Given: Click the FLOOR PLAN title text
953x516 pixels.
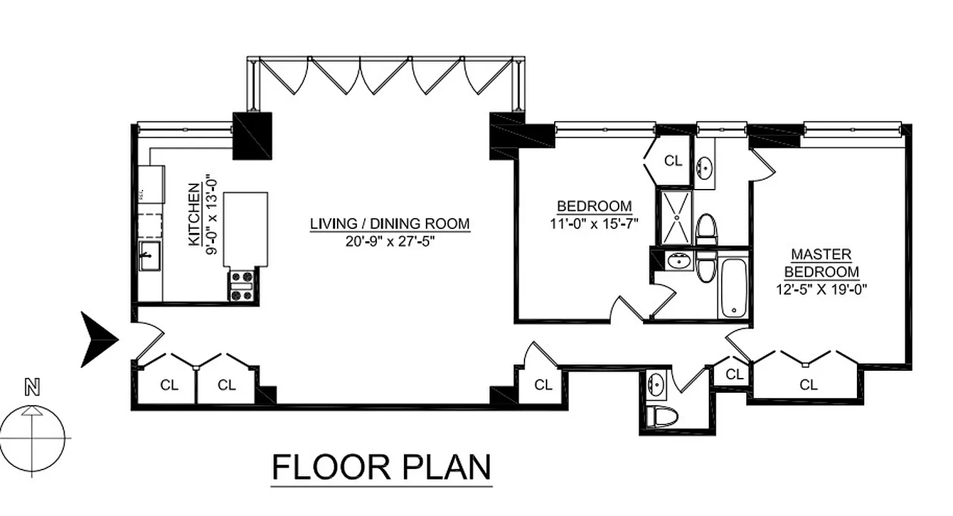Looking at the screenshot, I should click(x=381, y=468).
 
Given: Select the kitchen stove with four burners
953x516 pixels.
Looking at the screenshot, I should click(x=242, y=285).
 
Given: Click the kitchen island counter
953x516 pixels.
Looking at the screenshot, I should click(x=245, y=229).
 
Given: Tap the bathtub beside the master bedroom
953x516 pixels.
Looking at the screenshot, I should click(x=733, y=288).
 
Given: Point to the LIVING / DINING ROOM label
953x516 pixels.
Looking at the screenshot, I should click(x=390, y=224).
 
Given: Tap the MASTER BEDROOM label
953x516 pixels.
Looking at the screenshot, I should click(x=821, y=263).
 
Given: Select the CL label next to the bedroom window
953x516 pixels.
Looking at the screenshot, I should click(x=673, y=161).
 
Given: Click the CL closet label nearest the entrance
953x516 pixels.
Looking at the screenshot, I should click(x=169, y=385).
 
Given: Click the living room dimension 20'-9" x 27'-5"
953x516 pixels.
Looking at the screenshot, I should click(x=390, y=243).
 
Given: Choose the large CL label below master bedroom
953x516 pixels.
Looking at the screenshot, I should click(x=808, y=385).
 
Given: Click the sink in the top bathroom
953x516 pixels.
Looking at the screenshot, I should click(x=704, y=168).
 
